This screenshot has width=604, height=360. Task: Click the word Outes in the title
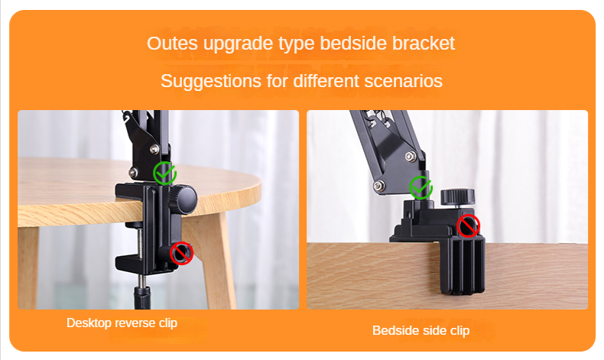click(172, 43)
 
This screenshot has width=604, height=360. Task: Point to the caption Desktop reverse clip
click(122, 323)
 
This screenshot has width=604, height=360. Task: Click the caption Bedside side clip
click(421, 330)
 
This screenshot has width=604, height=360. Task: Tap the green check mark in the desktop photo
click(165, 173)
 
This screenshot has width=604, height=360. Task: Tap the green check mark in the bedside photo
click(421, 187)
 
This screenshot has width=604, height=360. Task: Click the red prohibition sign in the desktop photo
click(181, 253)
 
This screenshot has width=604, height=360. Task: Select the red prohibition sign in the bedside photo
click(469, 225)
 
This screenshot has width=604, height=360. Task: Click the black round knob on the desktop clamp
click(182, 199)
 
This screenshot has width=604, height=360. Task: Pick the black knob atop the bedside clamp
click(457, 196)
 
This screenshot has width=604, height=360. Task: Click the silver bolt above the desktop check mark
click(154, 148)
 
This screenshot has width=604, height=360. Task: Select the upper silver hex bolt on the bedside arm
click(411, 157)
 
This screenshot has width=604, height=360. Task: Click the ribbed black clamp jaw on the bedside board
click(462, 266)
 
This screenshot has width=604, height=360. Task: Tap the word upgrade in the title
click(239, 44)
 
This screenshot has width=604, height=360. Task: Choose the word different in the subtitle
click(326, 81)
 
